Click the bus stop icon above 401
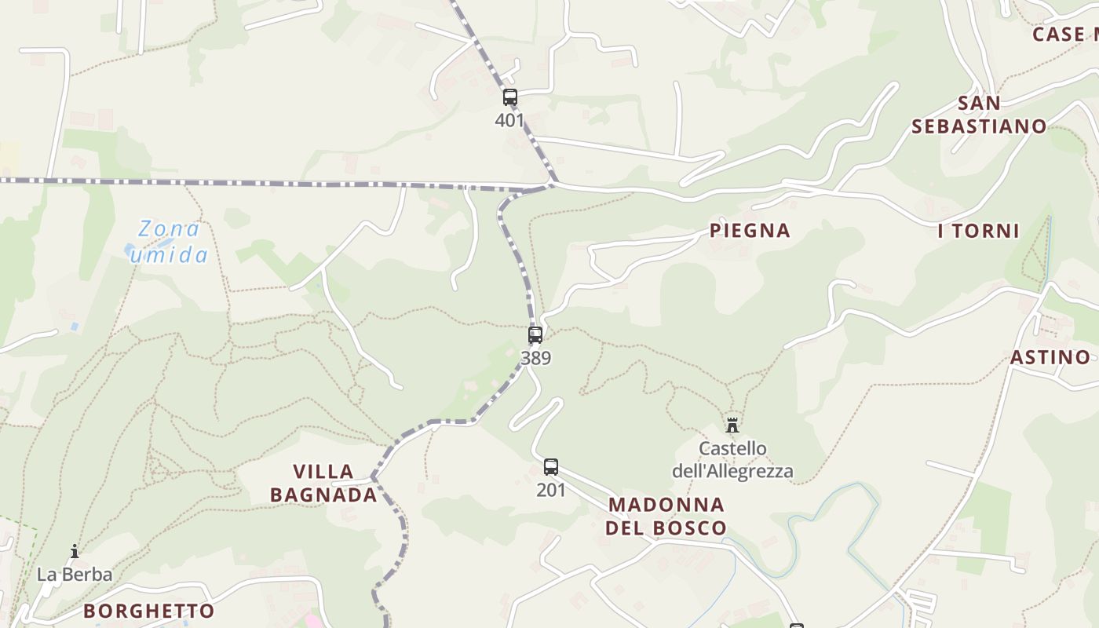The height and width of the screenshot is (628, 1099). [510, 97]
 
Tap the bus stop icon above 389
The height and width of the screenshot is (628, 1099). [535, 335]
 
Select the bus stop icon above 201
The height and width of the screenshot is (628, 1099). [551, 467]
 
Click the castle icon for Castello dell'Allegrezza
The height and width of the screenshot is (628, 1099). [732, 425]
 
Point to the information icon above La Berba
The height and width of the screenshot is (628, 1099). [75, 551]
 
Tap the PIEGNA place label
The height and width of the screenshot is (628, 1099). [750, 231]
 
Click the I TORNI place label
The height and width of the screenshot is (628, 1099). [978, 231]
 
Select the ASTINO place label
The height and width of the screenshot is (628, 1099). [1050, 357]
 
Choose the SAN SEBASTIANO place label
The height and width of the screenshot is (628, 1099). [979, 115]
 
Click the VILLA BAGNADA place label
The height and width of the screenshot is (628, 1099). [323, 483]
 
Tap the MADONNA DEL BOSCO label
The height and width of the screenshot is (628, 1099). [666, 515]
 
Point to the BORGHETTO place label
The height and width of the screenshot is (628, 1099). [149, 611]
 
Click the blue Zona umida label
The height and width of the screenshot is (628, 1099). [169, 242]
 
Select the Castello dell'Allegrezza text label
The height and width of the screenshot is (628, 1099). [732, 460]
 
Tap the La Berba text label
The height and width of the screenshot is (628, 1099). [75, 575]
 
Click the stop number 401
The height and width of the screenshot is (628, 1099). [509, 121]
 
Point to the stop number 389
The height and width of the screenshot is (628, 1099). [535, 358]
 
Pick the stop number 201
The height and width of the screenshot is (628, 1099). [551, 490]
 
